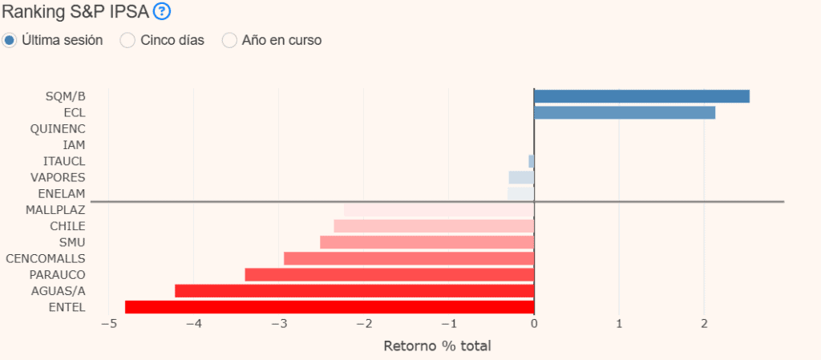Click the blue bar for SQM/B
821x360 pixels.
point(641,96)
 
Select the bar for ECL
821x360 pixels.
point(625,112)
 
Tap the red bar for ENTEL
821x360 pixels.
point(330,306)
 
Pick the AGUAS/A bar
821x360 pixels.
point(354,290)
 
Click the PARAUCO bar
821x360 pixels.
point(389,274)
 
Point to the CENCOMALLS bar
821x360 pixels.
point(409,258)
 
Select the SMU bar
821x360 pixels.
point(427,242)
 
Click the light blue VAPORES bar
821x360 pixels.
point(521,177)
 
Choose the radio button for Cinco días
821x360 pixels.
point(127,40)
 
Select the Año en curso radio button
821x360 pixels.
point(229,40)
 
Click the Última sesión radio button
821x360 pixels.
point(10,40)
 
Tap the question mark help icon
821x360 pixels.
point(162,11)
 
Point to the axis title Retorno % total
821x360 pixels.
point(437,346)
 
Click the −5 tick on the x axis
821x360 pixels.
point(108,323)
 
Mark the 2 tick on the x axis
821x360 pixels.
point(704,323)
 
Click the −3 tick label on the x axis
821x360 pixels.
point(278,323)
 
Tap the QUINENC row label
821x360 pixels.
point(58,128)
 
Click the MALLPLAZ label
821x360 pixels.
point(55,209)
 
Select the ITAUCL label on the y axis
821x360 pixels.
point(64,161)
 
